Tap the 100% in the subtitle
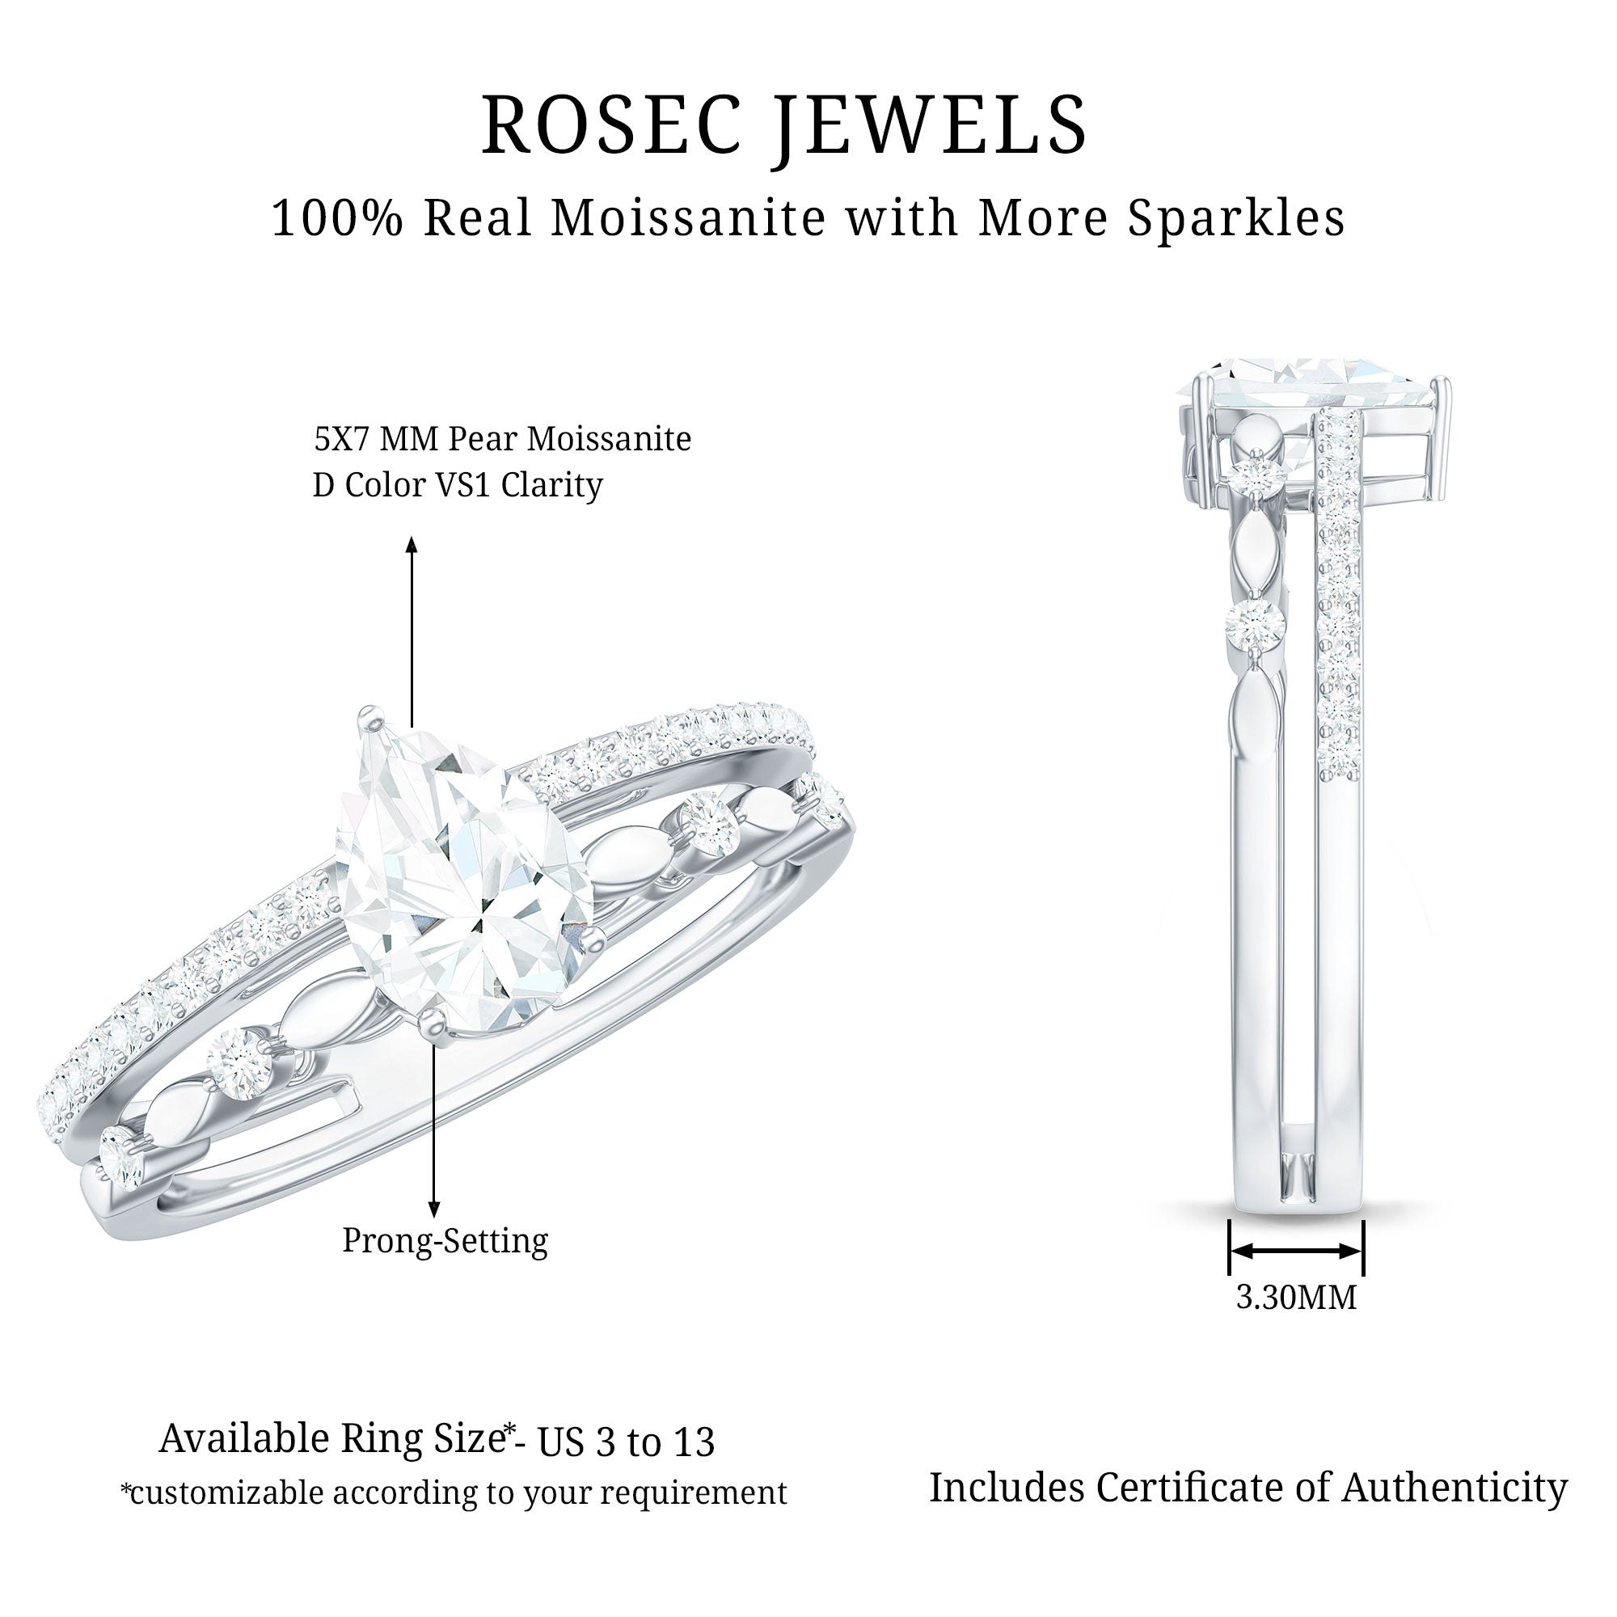337,219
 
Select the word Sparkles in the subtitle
1236,219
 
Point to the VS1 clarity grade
458,485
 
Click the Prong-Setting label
445,1240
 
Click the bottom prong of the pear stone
433,1021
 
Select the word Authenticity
1454,1488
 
